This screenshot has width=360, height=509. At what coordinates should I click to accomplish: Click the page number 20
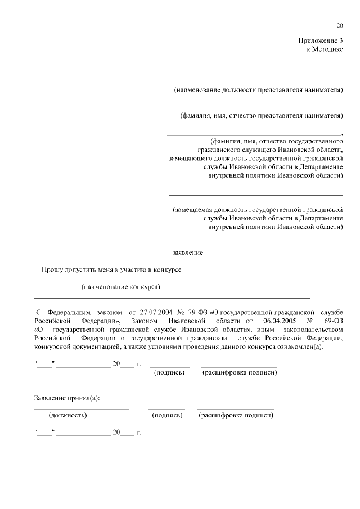coord(339,25)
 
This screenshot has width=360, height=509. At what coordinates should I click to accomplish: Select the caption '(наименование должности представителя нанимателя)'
coord(258,89)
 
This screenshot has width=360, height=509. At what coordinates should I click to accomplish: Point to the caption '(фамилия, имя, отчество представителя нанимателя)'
coord(261,116)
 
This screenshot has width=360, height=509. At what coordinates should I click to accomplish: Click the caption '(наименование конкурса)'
coord(121,287)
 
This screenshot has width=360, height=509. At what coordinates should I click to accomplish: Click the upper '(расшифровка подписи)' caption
coord(239,372)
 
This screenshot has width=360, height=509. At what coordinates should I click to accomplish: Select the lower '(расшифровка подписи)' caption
coord(236,416)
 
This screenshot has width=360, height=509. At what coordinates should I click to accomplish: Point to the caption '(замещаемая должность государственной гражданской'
coord(258,209)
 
